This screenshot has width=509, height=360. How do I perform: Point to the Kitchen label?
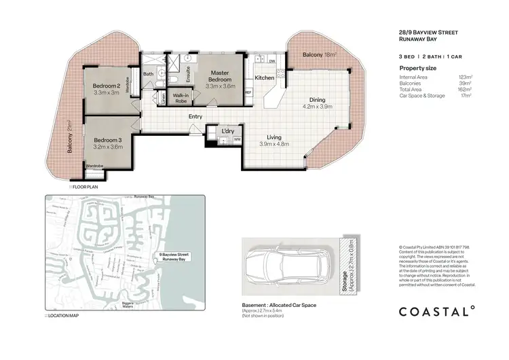pos(264,77)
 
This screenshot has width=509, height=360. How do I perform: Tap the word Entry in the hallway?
pos(195,116)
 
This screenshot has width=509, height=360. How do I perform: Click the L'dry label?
pos(228,130)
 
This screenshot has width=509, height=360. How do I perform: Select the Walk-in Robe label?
pos(181,98)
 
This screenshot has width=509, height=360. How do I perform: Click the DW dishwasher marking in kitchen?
pos(271,61)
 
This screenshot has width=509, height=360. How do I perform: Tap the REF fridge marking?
pos(248,91)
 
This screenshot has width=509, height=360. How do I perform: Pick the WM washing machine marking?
pos(237,139)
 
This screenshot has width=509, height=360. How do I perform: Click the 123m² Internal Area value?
pos(466,78)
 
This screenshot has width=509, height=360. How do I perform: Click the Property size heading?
pos(417,69)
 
